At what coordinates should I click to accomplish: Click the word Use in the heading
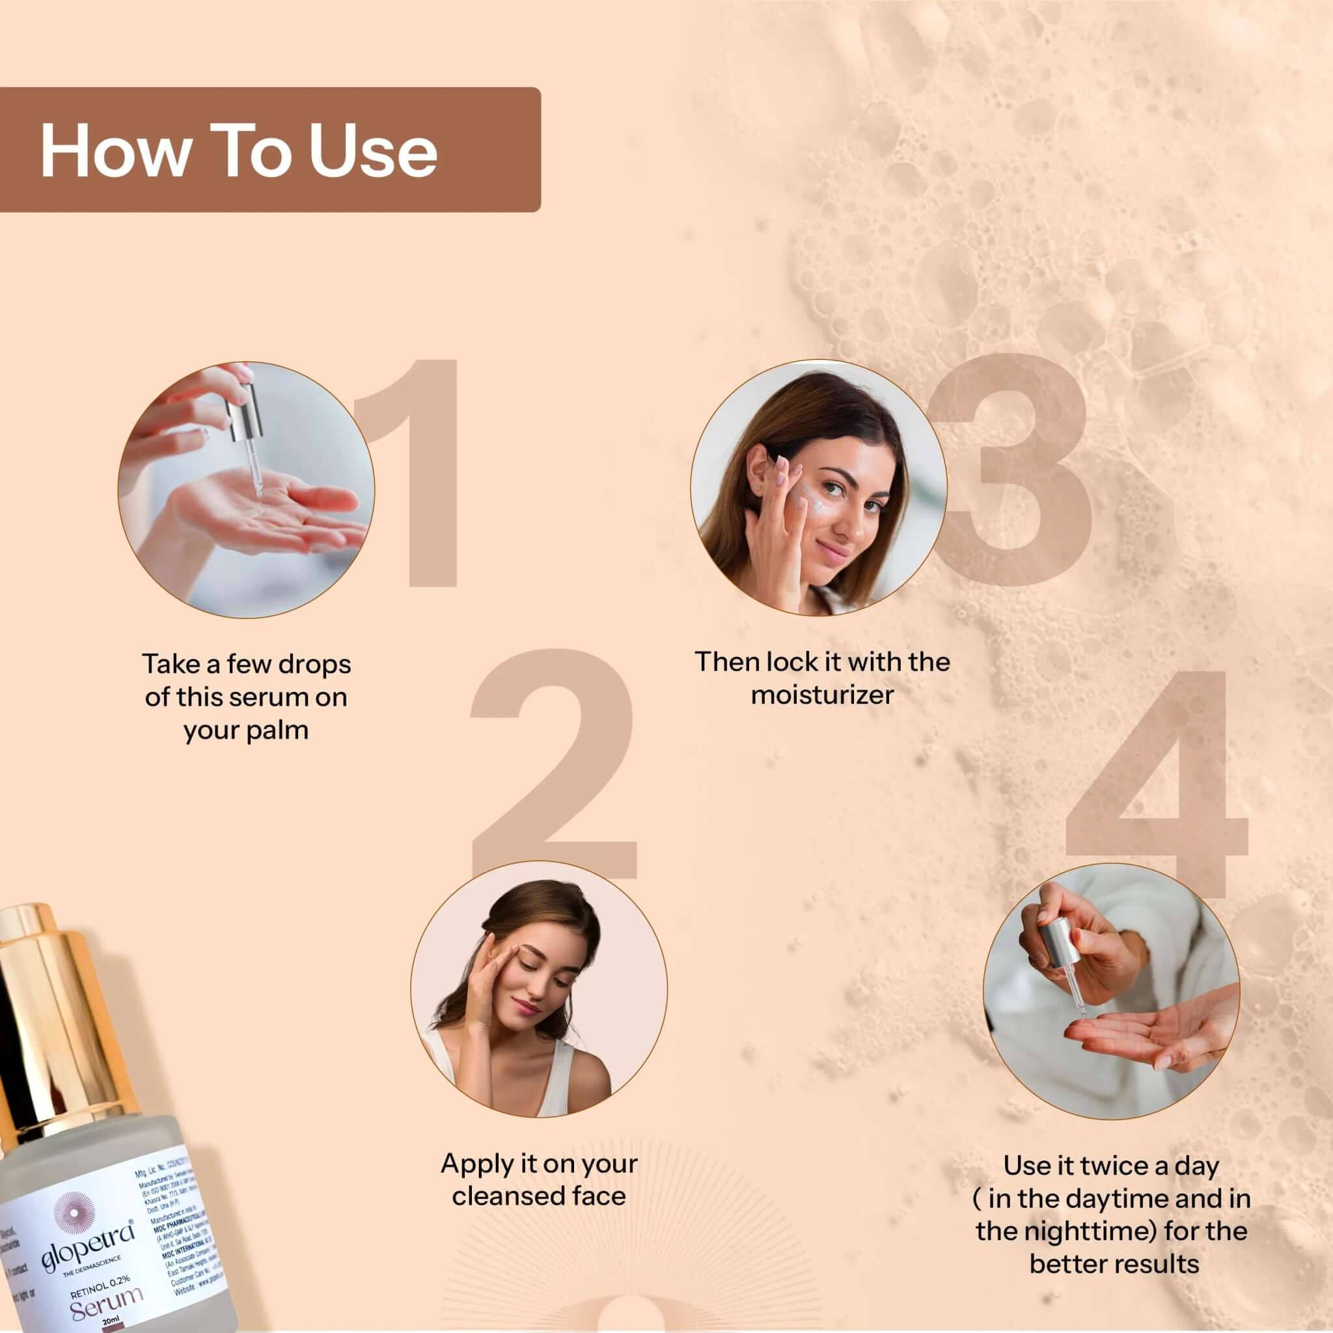pos(372,151)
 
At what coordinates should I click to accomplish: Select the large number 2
pos(552,766)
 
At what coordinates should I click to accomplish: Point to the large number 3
pos(1014,476)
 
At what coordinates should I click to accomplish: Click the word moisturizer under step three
pos(822,694)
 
